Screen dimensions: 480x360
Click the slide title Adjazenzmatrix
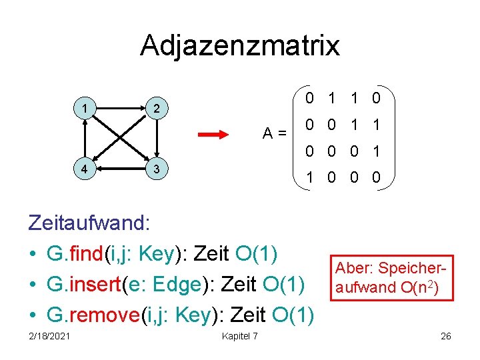(x=240, y=45)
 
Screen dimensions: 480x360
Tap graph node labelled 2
(x=155, y=108)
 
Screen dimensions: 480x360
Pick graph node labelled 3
(x=155, y=169)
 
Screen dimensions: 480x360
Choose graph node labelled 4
(x=84, y=169)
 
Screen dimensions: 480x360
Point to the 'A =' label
(x=274, y=133)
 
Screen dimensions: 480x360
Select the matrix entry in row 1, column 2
(x=331, y=99)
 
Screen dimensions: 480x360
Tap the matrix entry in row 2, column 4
(x=377, y=125)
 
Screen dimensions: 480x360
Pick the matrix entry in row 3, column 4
(x=377, y=152)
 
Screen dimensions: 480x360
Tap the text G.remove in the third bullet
(x=93, y=315)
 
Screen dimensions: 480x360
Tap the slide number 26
(x=445, y=336)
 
